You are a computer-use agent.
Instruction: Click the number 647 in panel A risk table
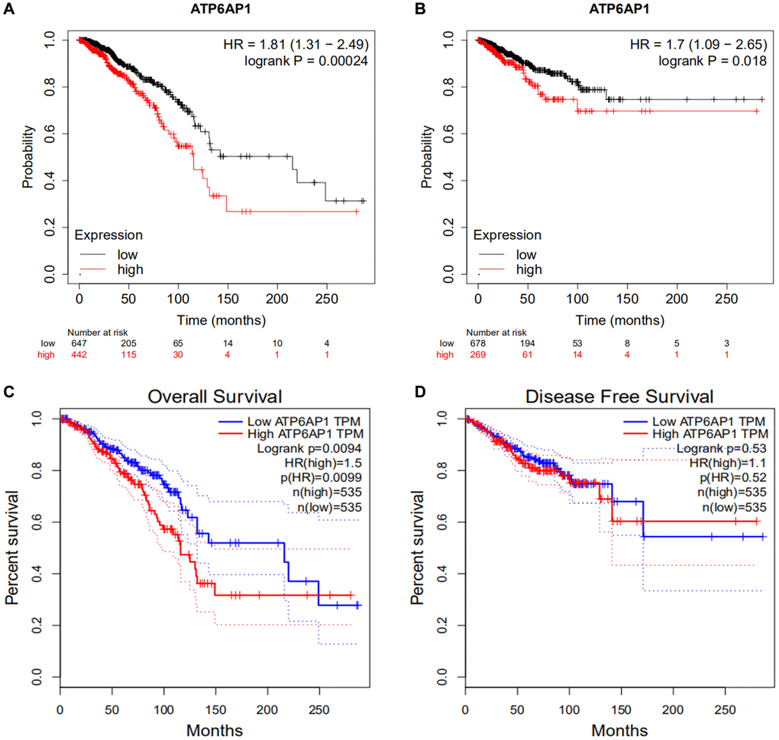pyautogui.click(x=79, y=343)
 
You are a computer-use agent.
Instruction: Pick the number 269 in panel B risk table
pyautogui.click(x=477, y=355)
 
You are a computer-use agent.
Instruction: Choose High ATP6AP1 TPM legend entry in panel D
pyautogui.click(x=707, y=434)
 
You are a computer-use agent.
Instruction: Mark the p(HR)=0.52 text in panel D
pyautogui.click(x=716, y=477)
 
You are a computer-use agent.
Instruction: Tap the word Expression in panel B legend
pyautogui.click(x=506, y=235)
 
